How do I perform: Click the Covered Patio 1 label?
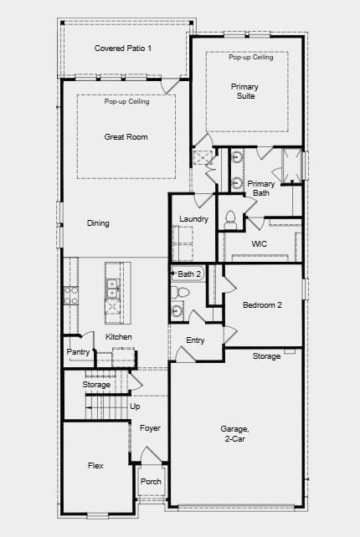(123, 49)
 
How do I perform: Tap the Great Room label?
(126, 137)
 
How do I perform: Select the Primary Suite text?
(244, 91)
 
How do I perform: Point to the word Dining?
(98, 223)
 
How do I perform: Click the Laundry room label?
(193, 219)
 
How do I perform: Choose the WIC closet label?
(260, 244)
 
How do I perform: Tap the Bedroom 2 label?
(262, 304)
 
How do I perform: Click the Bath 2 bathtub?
(188, 274)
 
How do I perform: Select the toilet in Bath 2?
(180, 293)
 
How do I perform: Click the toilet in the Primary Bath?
(230, 220)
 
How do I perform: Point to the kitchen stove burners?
(71, 295)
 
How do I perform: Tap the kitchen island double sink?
(113, 289)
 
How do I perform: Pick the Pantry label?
(78, 351)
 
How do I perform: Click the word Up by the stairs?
(135, 407)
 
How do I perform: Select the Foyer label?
(150, 428)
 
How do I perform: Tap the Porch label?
(151, 481)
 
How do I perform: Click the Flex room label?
(95, 465)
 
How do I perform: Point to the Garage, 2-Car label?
(235, 433)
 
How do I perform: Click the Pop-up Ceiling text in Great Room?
(127, 101)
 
